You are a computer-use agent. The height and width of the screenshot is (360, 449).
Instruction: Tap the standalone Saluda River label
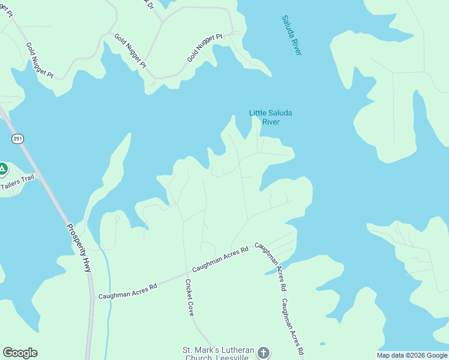(x=291, y=35)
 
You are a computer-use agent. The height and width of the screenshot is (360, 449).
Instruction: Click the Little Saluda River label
(x=265, y=117)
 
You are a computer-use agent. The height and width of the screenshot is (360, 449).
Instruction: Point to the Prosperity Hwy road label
(x=79, y=248)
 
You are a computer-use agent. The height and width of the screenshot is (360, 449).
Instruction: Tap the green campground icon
(x=2, y=169)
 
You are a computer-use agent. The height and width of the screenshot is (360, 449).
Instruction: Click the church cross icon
(x=264, y=353)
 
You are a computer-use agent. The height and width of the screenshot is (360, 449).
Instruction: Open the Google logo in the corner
(x=20, y=353)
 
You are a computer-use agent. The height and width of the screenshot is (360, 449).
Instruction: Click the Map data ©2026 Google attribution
(x=412, y=355)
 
